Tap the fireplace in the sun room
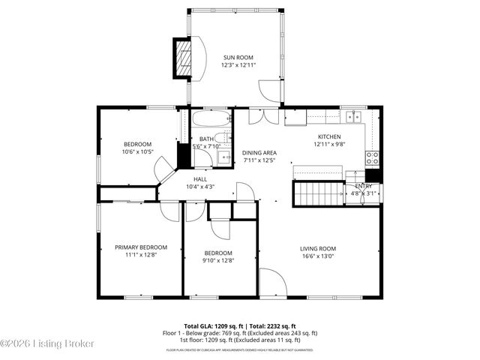[x=184, y=56]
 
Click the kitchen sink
[x=352, y=116]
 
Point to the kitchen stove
[x=371, y=157]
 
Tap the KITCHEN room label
[x=329, y=136]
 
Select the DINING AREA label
[x=259, y=153]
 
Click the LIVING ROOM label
[x=318, y=249]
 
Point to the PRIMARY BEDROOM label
[x=140, y=247]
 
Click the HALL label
[x=200, y=179]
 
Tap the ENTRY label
[x=363, y=186]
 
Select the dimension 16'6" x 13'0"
[x=318, y=256]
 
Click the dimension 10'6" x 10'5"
[x=138, y=151]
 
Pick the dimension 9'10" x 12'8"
[x=218, y=260]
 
